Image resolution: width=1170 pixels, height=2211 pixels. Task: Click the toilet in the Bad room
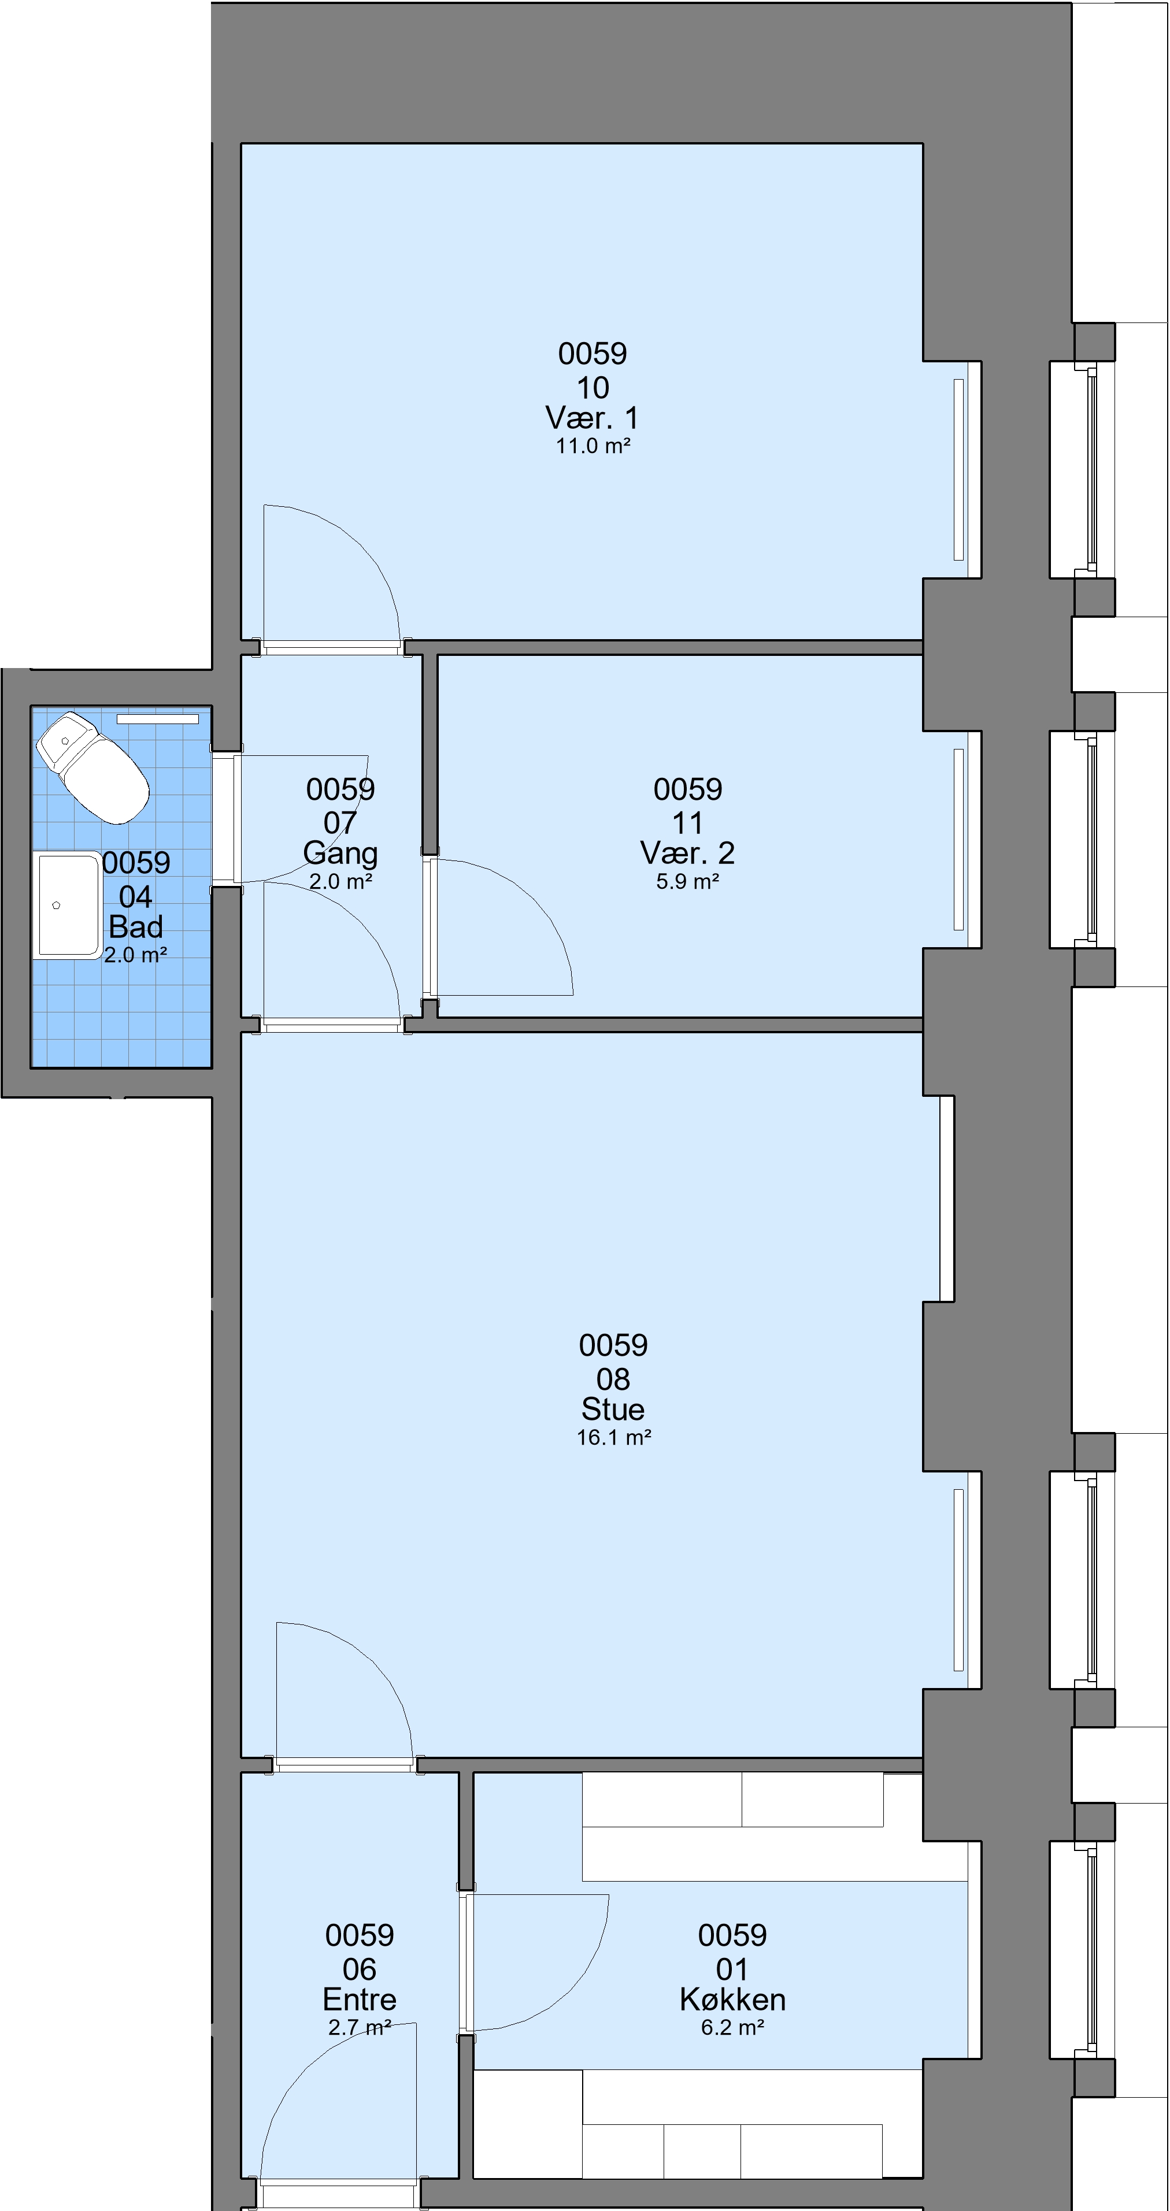92,766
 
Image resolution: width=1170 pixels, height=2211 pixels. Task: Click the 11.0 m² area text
593,446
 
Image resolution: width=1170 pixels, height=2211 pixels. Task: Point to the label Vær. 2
687,853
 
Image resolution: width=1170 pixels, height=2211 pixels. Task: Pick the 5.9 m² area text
687,881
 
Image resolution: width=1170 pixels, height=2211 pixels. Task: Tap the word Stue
613,1409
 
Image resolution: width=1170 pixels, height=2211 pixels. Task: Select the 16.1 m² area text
614,1438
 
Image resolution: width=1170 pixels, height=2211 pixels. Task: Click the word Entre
360,2000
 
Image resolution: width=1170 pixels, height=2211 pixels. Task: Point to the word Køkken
732,2000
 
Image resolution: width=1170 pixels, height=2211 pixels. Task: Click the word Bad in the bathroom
136,927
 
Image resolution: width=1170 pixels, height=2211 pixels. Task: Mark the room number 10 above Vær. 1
593,388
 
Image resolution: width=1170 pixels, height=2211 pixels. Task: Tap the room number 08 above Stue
613,1379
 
